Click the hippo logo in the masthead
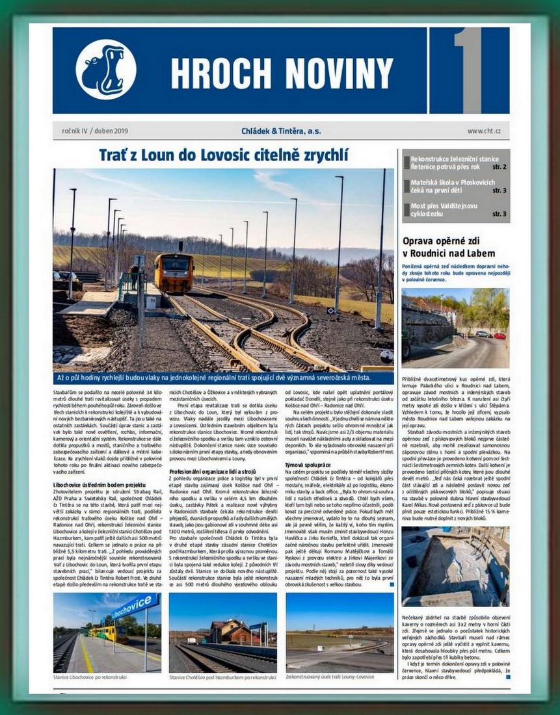click(x=105, y=70)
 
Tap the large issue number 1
click(x=468, y=70)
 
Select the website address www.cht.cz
click(x=484, y=131)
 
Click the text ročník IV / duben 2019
click(x=96, y=131)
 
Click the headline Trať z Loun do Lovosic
click(x=224, y=155)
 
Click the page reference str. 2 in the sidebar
click(x=500, y=167)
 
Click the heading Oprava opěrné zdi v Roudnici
click(x=449, y=247)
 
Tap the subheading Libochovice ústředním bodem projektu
click(x=99, y=485)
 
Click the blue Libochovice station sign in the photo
click(x=134, y=607)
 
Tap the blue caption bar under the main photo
click(x=224, y=378)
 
